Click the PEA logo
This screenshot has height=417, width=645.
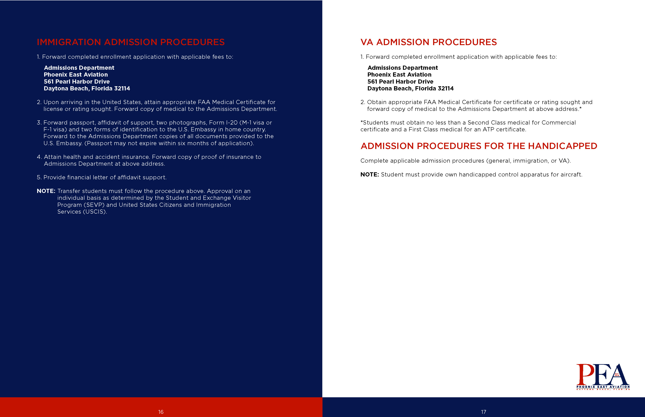[x=603, y=376]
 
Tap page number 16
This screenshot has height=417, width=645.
[x=161, y=412]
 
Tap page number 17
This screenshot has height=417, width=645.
[x=484, y=412]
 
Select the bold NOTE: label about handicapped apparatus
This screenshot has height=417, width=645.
[x=369, y=175]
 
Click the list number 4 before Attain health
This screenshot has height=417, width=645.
[x=39, y=157]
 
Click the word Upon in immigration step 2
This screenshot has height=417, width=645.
[x=51, y=102]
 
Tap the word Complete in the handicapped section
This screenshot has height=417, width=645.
[x=374, y=161]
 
